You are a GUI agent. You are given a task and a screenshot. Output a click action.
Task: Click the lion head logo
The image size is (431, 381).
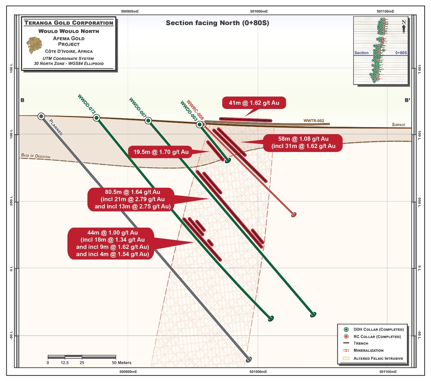click(34, 45)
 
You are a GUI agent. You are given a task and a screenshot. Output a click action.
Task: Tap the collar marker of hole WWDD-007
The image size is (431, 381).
click(148, 121)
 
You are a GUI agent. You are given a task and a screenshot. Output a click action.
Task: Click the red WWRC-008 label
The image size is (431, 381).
click(195, 110)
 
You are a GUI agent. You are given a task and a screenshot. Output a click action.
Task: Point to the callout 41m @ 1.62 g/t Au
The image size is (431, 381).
click(254, 103)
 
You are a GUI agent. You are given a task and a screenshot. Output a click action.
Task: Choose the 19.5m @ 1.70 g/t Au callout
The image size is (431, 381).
click(161, 152)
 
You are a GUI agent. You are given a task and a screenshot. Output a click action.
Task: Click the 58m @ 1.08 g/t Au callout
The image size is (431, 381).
click(303, 143)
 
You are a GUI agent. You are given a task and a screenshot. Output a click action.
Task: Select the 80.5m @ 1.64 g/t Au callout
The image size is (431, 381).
click(133, 199)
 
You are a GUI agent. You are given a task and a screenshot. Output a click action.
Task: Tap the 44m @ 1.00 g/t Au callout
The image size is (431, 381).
click(112, 243)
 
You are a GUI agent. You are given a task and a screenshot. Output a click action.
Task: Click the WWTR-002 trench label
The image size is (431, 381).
click(314, 121)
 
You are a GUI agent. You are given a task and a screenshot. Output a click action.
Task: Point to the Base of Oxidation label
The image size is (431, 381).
click(36, 156)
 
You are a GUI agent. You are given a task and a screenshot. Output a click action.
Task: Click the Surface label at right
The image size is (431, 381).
click(398, 125)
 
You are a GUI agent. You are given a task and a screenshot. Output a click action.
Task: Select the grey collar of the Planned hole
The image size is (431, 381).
click(41, 116)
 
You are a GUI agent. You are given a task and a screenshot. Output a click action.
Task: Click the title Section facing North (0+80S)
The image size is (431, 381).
click(217, 23)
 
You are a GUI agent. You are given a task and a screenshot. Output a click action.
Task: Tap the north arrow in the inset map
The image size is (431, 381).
click(404, 27)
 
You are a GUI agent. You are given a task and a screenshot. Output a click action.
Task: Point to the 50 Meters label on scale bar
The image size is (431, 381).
click(122, 363)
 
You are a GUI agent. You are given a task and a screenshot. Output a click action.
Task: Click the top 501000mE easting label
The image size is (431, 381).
click(259, 11)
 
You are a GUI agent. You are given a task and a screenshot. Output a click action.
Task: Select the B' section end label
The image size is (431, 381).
click(407, 100)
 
